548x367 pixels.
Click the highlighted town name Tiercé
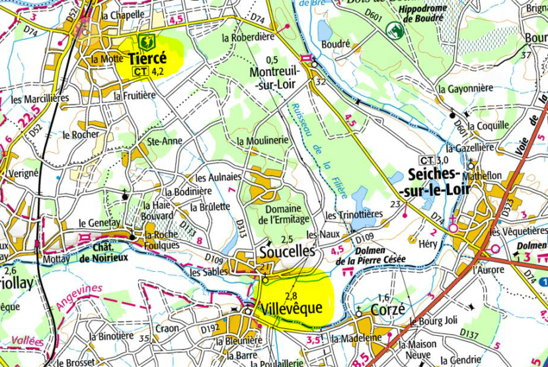pyautogui.click(x=147, y=58)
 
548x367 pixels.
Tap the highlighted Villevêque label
pyautogui.click(x=291, y=308)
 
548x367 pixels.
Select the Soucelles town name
pyautogui.click(x=286, y=251)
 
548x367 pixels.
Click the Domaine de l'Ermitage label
pyautogui.click(x=284, y=214)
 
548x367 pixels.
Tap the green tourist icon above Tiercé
pyautogui.click(x=146, y=42)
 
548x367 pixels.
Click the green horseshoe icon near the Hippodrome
pyautogui.click(x=395, y=30)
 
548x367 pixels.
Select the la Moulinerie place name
pyautogui.click(x=262, y=141)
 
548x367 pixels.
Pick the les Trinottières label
pyautogui.click(x=354, y=216)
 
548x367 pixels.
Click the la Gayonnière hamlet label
pyautogui.click(x=466, y=88)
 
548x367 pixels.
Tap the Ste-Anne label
pyautogui.click(x=164, y=141)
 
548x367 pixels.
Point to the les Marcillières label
pyautogui.click(x=40, y=99)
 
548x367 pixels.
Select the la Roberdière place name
pyautogui.click(x=248, y=38)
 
